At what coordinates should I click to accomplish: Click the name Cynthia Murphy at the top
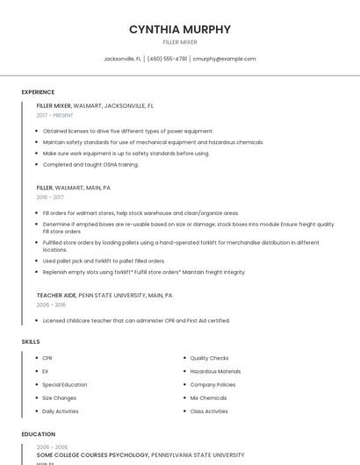click(180, 29)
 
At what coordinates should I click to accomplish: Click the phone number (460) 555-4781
click(167, 59)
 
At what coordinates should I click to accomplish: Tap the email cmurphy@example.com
click(224, 59)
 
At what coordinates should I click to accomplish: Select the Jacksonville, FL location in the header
click(122, 59)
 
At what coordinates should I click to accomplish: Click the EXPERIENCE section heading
click(38, 92)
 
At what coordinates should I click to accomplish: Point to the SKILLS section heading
click(31, 340)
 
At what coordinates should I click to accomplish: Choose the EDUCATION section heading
click(38, 434)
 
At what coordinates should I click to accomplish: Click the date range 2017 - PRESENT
click(55, 115)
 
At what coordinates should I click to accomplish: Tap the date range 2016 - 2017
click(50, 197)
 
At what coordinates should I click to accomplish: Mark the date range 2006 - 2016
click(51, 305)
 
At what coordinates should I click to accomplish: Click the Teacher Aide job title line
click(104, 296)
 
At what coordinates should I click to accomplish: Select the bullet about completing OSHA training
click(90, 164)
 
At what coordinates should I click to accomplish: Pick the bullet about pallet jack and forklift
click(104, 261)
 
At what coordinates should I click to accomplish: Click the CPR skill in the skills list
click(47, 358)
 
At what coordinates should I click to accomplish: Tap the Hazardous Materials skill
click(215, 371)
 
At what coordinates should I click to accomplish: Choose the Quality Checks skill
click(209, 358)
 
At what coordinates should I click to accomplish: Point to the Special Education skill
click(65, 384)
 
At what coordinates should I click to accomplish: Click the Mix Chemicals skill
click(209, 397)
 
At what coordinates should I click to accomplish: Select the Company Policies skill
click(213, 384)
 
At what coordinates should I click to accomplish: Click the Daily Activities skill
click(61, 411)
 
